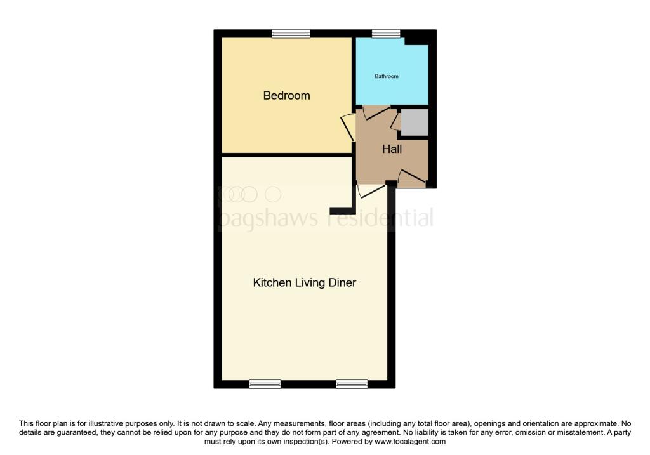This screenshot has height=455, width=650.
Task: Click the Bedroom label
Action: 286,96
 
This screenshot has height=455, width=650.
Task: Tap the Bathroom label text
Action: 387,76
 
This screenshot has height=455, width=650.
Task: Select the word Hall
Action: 392,150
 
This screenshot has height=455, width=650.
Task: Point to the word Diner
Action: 341,282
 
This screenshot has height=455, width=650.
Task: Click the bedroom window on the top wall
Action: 291,34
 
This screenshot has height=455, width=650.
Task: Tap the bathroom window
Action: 386,34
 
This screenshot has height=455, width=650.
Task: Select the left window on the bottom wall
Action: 265,384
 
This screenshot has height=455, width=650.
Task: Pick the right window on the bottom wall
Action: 352,384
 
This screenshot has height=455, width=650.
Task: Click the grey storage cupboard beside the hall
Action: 415,122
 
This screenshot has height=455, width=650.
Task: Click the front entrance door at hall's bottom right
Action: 411,180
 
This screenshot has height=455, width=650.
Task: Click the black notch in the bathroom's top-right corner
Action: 416,39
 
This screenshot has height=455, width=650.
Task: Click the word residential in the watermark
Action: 380,219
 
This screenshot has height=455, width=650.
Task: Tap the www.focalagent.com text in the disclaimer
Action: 411,442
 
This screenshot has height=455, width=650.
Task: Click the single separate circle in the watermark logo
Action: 272,194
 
